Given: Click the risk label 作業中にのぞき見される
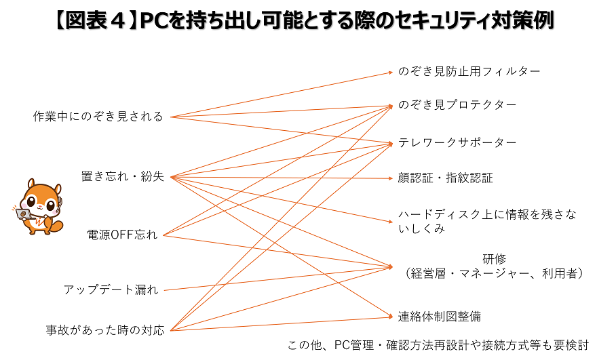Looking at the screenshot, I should [x=98, y=117].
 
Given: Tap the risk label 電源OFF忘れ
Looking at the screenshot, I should [x=122, y=235].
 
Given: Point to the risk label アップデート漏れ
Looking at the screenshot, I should [x=111, y=290].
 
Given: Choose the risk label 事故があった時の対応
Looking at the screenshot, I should [x=105, y=331].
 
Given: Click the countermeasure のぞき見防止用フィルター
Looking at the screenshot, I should [x=469, y=71].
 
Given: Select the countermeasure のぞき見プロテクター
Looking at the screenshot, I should [x=457, y=105].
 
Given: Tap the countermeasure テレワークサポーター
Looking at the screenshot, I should [x=457, y=142].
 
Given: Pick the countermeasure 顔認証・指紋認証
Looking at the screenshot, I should [x=445, y=178].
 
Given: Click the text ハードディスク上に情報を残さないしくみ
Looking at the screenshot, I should [x=487, y=222].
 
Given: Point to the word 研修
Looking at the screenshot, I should [x=495, y=258].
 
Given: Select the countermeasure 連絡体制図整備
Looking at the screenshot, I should [x=439, y=316].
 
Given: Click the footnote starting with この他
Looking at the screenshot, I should [x=438, y=345].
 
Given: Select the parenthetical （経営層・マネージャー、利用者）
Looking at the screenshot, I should [x=495, y=273].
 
